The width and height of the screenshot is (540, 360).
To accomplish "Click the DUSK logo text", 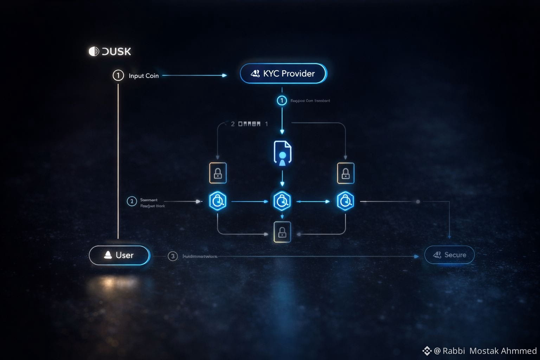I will click(110, 51).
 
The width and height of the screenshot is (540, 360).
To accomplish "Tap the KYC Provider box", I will click(283, 73).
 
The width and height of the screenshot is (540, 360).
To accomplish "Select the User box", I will click(120, 255).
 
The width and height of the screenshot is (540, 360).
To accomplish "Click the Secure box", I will click(449, 255).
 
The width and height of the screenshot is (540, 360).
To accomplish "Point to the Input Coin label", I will click(143, 76).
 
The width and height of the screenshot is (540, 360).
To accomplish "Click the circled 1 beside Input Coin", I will click(118, 75).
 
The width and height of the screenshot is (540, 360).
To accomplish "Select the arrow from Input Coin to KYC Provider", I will click(194, 75).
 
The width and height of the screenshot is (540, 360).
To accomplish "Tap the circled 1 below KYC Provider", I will click(282, 101).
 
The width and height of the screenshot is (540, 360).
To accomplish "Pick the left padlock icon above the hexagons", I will click(218, 173).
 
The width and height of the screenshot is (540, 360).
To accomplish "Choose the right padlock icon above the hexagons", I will click(346, 173).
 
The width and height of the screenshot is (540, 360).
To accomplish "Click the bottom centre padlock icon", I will click(282, 232).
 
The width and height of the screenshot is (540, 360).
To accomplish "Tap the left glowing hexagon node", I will click(218, 201).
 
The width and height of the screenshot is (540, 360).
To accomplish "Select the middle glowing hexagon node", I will click(282, 201).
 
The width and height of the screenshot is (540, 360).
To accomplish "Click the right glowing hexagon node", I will click(346, 201).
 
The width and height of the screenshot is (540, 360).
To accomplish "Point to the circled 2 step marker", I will click(132, 201).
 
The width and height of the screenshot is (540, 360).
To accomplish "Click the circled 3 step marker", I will click(173, 256).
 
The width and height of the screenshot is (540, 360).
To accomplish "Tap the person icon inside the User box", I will click(108, 255).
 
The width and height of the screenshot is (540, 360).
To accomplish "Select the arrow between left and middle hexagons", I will click(250, 201).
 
